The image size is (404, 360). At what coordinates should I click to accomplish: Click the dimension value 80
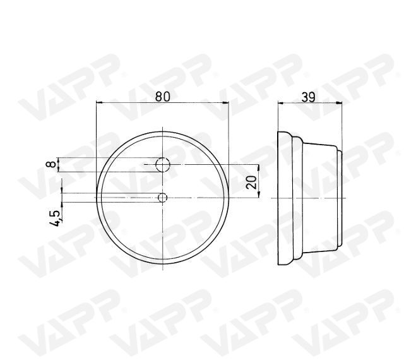(x=163, y=97)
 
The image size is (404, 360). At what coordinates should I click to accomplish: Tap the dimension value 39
(x=308, y=97)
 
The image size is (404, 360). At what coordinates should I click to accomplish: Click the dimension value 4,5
(x=56, y=219)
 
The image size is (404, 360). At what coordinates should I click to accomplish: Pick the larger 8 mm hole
(x=163, y=165)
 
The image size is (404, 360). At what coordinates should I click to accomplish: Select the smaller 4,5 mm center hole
(x=163, y=198)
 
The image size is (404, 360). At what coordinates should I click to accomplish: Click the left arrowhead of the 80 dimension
(x=100, y=103)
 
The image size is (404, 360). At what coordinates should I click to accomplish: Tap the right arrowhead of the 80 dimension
(x=225, y=103)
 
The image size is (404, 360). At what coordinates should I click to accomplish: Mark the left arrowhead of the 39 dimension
(x=281, y=103)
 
